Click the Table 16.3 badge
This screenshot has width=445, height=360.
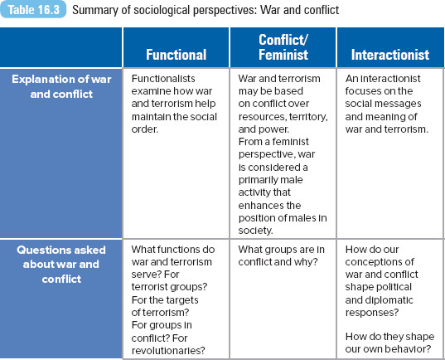pyautogui.click(x=33, y=9)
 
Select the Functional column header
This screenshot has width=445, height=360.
pyautogui.click(x=177, y=55)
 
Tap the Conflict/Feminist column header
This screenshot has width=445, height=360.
pyautogui.click(x=283, y=47)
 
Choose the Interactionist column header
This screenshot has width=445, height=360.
pyautogui.click(x=390, y=55)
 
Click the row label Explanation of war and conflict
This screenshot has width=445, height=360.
pyautogui.click(x=61, y=86)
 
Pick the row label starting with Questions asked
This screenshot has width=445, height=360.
pyautogui.click(x=61, y=265)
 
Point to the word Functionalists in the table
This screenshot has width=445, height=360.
pyautogui.click(x=163, y=79)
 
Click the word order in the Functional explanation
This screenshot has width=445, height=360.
pyautogui.click(x=144, y=129)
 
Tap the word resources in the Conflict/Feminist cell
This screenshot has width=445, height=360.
pyautogui.click(x=262, y=117)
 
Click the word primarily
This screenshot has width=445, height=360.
pyautogui.click(x=254, y=180)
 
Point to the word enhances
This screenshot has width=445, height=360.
pyautogui.click(x=259, y=205)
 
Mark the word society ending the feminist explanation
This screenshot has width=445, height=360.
pyautogui.click(x=255, y=231)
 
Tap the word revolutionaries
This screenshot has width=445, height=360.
pyautogui.click(x=168, y=351)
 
